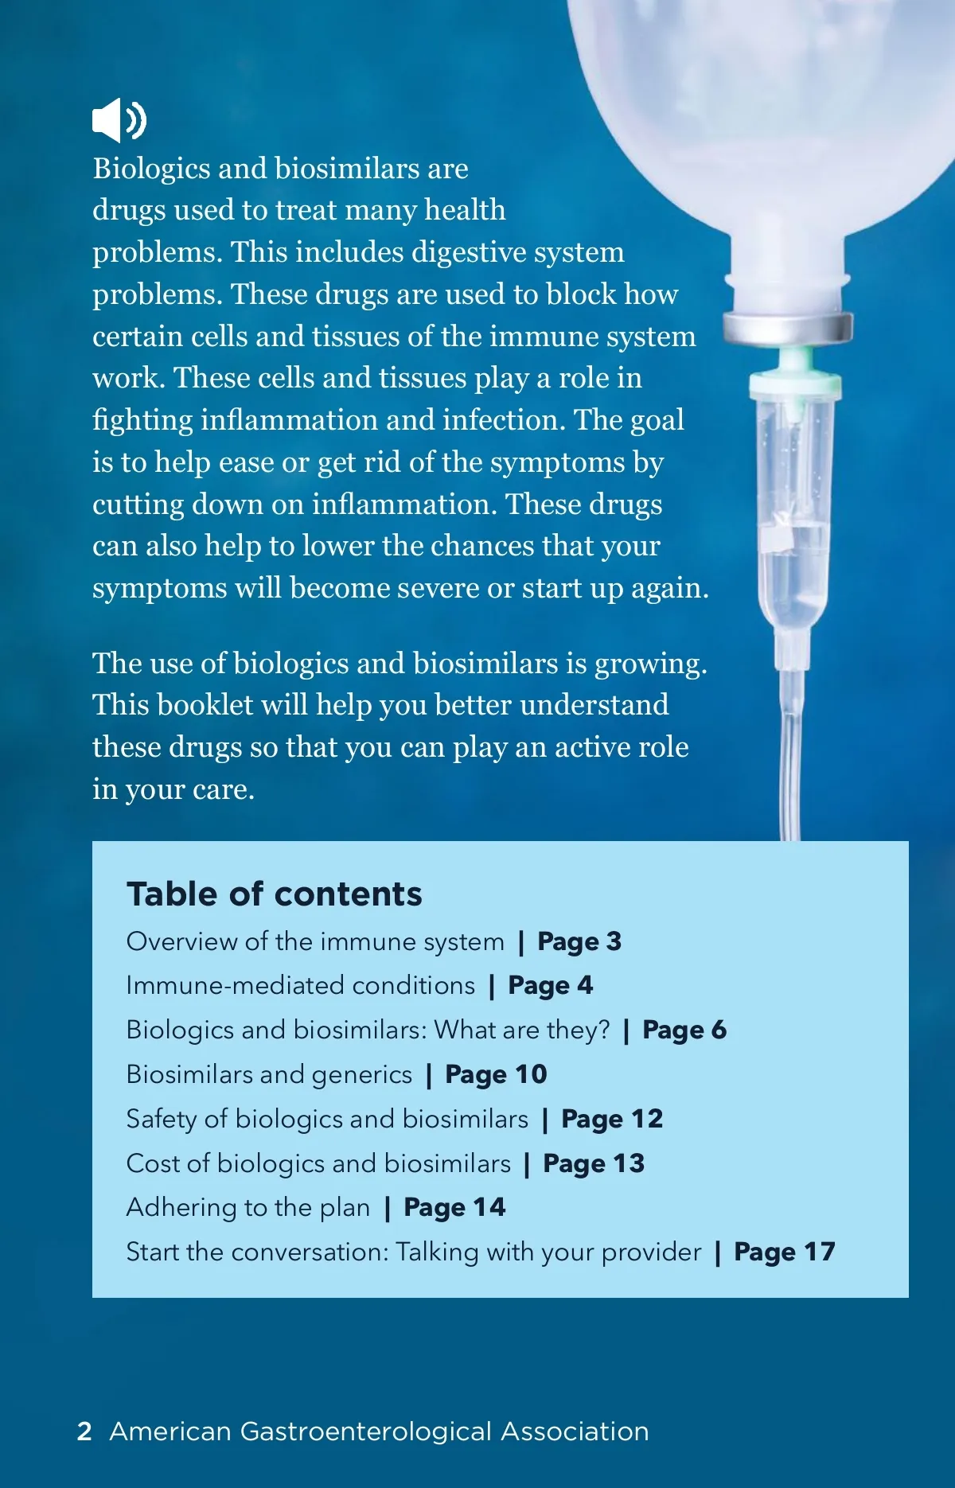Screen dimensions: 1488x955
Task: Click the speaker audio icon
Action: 119,120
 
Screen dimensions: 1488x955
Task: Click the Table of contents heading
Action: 274,894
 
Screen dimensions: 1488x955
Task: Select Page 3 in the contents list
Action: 579,941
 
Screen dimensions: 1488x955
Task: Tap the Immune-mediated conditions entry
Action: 300,986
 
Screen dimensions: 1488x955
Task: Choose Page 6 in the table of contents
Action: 684,1030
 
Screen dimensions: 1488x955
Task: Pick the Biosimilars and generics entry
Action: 269,1074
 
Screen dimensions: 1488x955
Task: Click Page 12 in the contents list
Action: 611,1119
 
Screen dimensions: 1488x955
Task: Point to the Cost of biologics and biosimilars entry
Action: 318,1163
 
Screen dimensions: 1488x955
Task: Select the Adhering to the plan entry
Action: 248,1208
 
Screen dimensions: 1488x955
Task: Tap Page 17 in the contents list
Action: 784,1252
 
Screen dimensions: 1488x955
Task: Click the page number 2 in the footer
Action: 84,1432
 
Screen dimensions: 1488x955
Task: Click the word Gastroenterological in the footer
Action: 365,1432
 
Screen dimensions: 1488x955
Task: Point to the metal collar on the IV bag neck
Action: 787,327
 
